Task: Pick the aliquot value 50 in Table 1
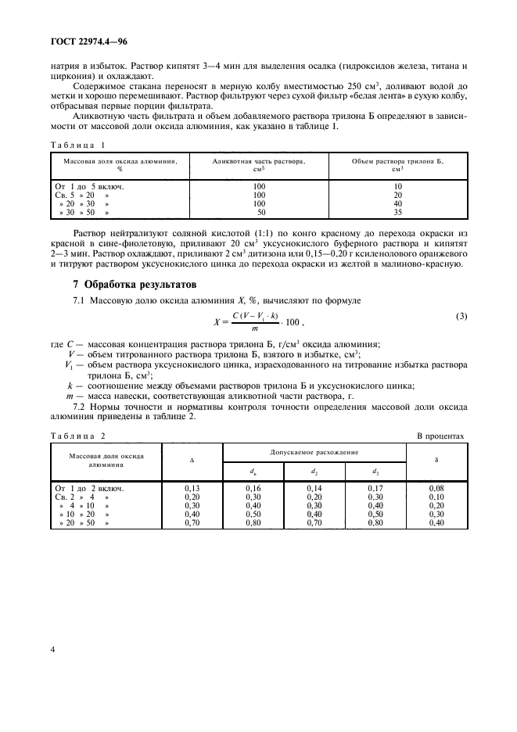tap(260, 212)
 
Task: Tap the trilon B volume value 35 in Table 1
tap(397, 212)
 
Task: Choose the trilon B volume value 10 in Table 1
tap(397, 186)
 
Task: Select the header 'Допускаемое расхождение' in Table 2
tap(314, 452)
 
